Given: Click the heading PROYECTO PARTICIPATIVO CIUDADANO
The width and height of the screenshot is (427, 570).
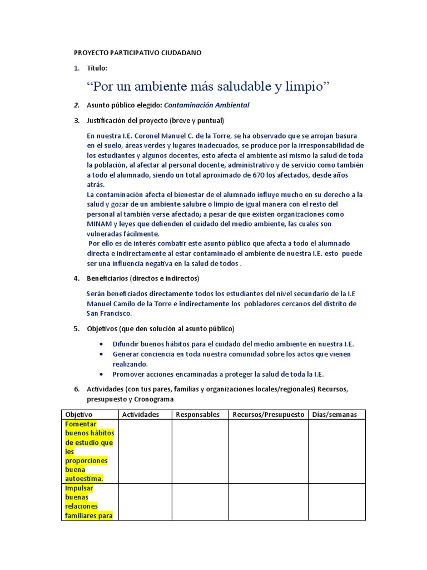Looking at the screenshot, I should pos(138,53).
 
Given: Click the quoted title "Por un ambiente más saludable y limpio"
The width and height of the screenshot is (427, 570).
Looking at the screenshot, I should pos(208,86).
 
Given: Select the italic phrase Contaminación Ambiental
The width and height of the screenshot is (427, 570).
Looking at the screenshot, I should pos(207,105).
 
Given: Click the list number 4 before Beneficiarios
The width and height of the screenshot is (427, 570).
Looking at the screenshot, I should pos(77,278).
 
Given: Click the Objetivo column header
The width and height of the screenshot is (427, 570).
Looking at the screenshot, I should pos(79,415).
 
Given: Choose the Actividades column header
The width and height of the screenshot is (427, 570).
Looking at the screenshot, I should pos(141,415).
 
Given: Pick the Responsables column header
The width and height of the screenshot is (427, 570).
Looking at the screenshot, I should pos(197,415).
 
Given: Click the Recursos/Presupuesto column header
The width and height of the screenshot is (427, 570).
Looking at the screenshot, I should pos(269,415).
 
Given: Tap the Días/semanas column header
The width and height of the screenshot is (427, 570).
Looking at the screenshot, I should pos(335,415).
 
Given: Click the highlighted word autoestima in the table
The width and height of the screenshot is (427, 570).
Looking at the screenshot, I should pos(85,478).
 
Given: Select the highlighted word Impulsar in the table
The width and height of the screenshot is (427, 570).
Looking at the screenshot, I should pos(79,488).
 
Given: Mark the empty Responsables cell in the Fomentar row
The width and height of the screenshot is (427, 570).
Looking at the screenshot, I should pos(200,451).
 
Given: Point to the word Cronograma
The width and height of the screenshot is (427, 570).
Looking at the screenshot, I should pos(152,399).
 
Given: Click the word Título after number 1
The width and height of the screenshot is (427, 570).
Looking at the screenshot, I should pos(97,68).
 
